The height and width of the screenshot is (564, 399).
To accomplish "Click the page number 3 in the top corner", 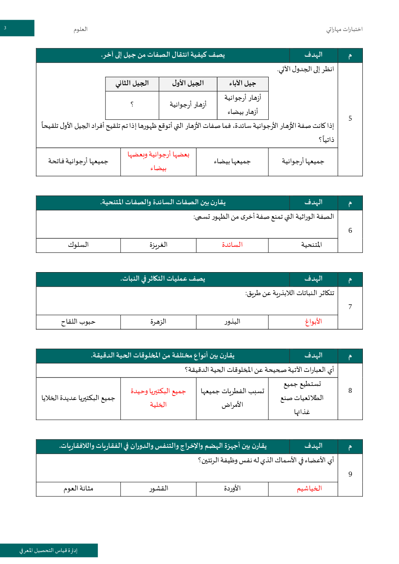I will click(x=5, y=28).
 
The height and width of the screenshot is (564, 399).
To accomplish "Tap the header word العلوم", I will click(x=80, y=29).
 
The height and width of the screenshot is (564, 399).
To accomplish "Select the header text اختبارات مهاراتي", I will click(x=344, y=29).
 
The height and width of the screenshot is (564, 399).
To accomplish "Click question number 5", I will click(x=350, y=118).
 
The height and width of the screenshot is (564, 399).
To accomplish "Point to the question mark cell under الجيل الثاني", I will click(x=132, y=105).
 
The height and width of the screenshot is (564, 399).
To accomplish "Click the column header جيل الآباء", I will click(x=243, y=84).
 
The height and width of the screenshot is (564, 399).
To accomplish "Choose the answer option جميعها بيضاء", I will click(x=232, y=162).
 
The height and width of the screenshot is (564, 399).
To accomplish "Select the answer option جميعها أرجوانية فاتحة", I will click(x=78, y=162).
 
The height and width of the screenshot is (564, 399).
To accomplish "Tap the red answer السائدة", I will click(x=232, y=245).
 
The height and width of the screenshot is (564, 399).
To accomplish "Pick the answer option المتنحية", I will click(x=311, y=245).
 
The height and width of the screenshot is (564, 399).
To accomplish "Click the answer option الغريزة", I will click(x=158, y=245).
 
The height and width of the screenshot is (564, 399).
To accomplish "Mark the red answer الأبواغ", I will click(x=313, y=322).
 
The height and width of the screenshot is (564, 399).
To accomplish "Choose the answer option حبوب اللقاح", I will click(x=78, y=322).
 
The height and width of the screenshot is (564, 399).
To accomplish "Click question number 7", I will click(x=350, y=307).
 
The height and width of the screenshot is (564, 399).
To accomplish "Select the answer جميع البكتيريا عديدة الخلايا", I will click(x=78, y=398).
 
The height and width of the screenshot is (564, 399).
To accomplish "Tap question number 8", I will click(x=350, y=390).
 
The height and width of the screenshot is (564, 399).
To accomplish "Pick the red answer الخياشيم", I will click(x=309, y=488).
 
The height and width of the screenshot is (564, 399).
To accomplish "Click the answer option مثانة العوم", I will click(x=78, y=488).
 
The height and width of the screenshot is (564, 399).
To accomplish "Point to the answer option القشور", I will click(x=158, y=488).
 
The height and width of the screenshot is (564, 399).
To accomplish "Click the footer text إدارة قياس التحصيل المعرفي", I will click(x=48, y=550).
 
